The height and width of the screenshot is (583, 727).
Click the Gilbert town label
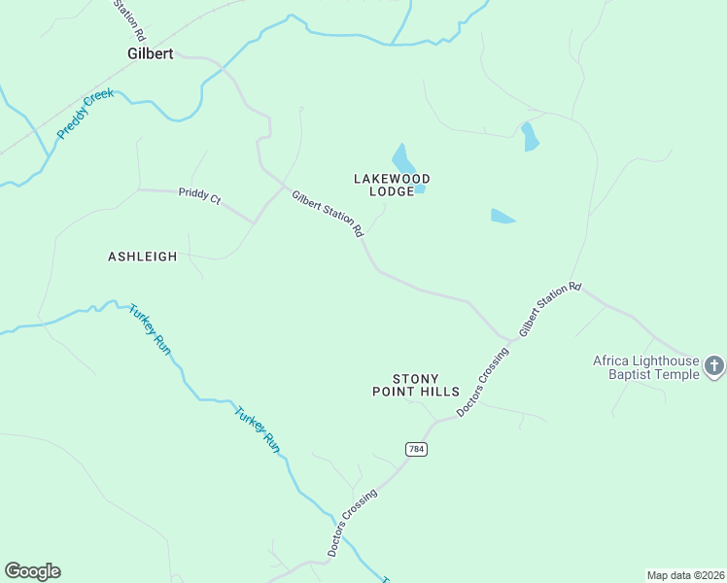150,54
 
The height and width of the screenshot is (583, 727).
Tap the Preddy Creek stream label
86,114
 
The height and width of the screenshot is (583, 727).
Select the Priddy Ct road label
199,196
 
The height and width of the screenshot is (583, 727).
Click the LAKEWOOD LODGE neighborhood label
391,185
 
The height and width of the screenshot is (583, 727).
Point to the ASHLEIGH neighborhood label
142,257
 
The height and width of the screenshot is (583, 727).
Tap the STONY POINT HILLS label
415,385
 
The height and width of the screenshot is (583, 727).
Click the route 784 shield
417,449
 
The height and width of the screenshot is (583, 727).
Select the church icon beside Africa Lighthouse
714,366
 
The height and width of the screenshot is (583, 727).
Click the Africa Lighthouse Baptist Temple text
645,367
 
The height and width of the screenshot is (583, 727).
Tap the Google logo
32,571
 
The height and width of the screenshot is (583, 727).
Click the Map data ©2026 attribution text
685,574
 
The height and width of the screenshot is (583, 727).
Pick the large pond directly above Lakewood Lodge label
402,158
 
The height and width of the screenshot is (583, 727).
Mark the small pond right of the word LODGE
420,189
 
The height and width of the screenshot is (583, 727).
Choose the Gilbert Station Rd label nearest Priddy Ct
328,214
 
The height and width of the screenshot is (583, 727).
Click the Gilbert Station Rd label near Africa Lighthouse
549,309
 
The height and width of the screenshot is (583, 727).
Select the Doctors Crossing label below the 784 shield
352,522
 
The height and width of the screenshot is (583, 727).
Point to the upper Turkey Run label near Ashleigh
150,330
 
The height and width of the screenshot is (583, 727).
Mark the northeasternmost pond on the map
530,137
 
